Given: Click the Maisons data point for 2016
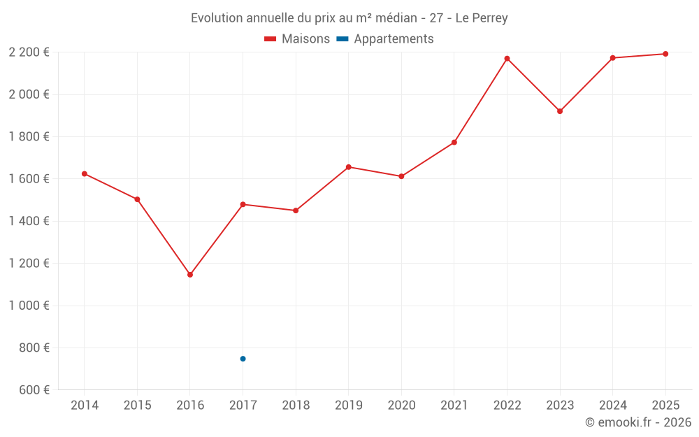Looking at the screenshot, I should tap(190, 275).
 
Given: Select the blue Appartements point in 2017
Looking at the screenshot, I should tap(243, 359).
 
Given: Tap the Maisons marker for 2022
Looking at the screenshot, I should tap(507, 59).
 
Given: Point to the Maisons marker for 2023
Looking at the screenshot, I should tap(560, 111).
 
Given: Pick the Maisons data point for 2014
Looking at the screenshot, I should tap(85, 173).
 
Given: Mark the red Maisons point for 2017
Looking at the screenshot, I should tap(243, 204).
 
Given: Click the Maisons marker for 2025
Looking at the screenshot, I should tap(665, 54).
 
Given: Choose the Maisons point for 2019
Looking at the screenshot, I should tap(349, 167).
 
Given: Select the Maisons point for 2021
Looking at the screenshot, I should tap(454, 143).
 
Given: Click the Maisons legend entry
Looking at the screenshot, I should tap(297, 39).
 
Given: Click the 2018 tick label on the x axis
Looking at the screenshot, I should tap(296, 406).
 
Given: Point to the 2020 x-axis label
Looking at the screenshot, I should tap(401, 406).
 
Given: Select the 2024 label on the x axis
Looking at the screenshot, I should tap(612, 406).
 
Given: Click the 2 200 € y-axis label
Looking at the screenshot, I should tap(29, 52).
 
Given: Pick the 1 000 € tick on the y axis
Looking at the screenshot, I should tap(29, 306).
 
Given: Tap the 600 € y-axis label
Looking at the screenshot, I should tap(33, 390).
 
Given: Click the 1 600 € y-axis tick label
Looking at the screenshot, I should tap(29, 179).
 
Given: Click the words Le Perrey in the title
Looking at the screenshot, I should tap(482, 17).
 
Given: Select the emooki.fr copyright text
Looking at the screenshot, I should tap(638, 422).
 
